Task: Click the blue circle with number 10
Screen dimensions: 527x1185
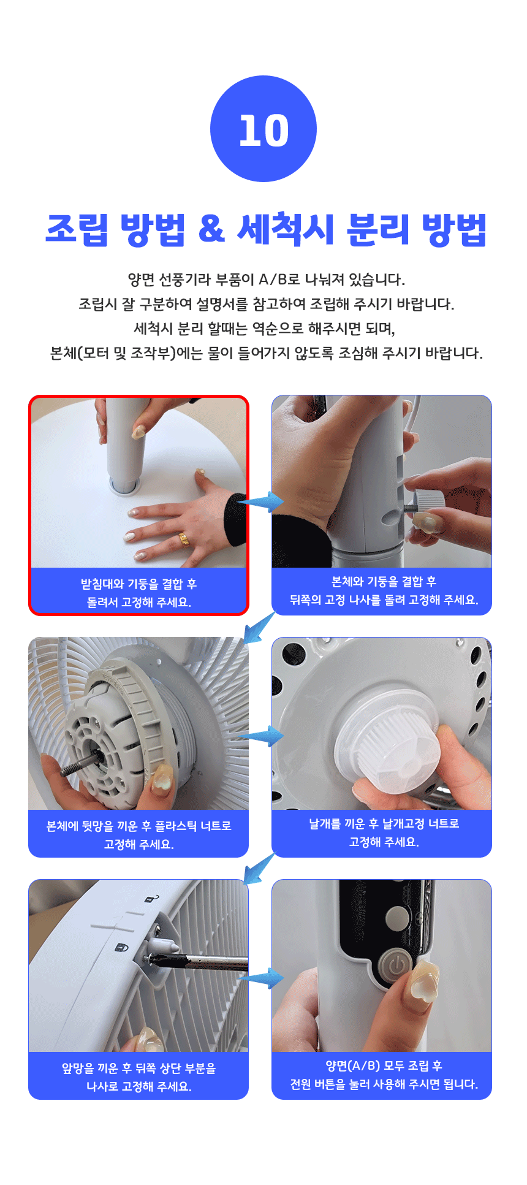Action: [x=263, y=129]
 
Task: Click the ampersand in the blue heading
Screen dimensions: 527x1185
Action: [x=211, y=229]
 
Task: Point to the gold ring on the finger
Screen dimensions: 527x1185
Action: [x=184, y=539]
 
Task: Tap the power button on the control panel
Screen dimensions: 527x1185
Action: [x=396, y=966]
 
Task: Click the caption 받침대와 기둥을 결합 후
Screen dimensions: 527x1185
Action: [x=138, y=584]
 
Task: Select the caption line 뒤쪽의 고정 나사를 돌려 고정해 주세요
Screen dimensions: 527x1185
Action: [x=384, y=600]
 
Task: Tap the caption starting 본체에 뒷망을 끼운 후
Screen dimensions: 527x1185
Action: [x=138, y=826]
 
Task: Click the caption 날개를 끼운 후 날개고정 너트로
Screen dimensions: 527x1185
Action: [x=384, y=823]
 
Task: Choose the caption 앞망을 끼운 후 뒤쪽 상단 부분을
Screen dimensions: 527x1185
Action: [x=138, y=1068]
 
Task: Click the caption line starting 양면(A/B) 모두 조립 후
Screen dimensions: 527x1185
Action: [x=384, y=1065]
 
